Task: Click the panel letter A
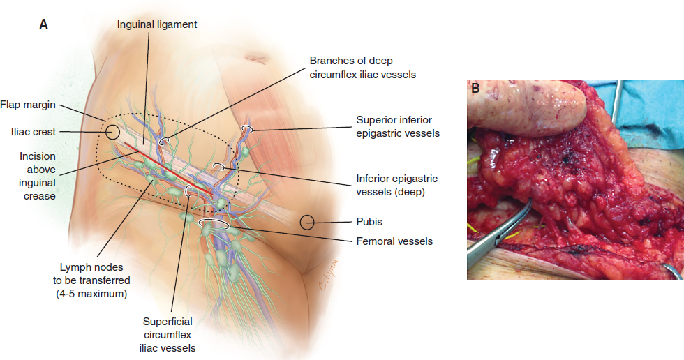(x=43, y=24)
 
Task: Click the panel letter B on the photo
(x=475, y=89)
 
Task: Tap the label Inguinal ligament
(x=157, y=24)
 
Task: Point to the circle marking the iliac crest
(x=112, y=130)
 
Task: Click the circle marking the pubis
(x=308, y=223)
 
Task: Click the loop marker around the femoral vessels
(x=214, y=225)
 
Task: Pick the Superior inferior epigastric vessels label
(x=398, y=126)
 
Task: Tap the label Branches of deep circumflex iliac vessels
(x=362, y=68)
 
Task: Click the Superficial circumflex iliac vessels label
(x=168, y=334)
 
